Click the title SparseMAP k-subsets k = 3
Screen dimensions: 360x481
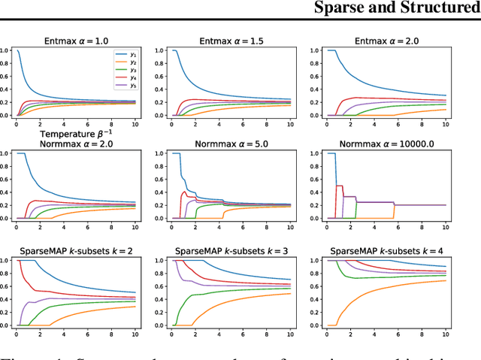coord(241,250)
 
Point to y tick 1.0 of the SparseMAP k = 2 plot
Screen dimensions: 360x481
coord(6,261)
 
